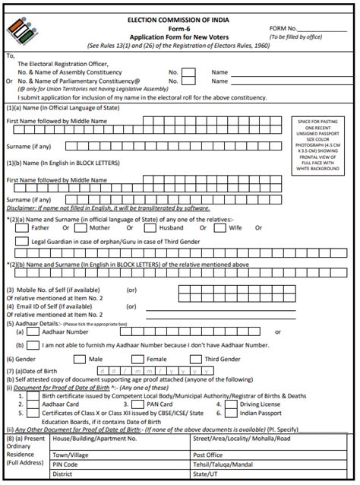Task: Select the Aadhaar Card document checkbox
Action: pyautogui.click(x=32, y=404)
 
